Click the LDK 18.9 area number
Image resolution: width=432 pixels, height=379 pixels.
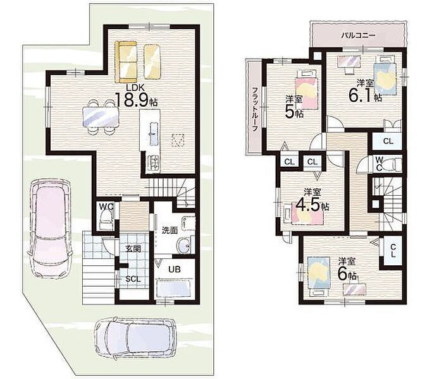132,100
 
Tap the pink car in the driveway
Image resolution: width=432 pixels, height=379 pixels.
50,227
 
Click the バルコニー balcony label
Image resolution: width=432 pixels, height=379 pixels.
358,35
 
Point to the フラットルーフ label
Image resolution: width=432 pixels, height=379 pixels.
255,109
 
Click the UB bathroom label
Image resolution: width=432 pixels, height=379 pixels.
175,269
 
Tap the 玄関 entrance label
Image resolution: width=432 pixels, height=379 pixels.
133,249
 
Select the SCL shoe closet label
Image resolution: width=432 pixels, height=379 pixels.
133,279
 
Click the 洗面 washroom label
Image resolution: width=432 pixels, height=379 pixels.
170,230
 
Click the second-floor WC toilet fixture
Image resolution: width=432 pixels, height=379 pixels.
394,164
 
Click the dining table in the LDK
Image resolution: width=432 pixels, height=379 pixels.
101,117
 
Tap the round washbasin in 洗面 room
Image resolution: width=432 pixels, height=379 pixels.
182,245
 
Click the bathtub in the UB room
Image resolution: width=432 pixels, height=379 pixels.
173,289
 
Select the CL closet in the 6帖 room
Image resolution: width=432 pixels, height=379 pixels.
392,251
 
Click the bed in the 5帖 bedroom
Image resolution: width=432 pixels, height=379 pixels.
306,88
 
